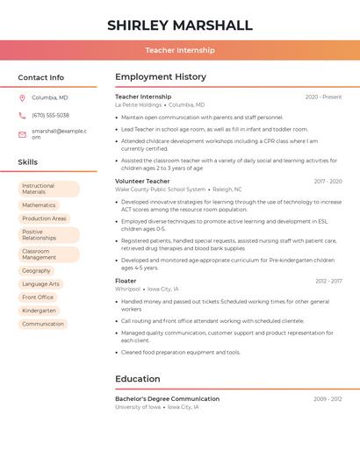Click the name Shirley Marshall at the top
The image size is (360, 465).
coord(179,25)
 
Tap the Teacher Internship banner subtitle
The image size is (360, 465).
coord(179,50)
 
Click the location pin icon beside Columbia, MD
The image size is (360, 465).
coord(22,97)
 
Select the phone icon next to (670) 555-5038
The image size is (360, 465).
coord(22,115)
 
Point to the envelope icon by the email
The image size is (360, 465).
coord(22,134)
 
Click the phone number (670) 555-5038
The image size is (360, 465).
coord(50,115)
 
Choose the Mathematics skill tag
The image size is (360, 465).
coord(39,205)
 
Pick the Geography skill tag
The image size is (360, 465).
coord(36,271)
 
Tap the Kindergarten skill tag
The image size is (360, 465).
coord(39,311)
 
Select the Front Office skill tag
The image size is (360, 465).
coord(38,297)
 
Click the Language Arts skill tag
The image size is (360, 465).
coord(40,284)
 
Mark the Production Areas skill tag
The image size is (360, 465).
coord(44,218)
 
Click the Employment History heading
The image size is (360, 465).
coord(161,77)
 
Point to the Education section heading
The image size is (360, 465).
coord(137,379)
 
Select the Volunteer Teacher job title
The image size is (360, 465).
coord(142,181)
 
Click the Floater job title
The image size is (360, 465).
coord(126,281)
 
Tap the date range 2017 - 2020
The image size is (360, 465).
coord(328,182)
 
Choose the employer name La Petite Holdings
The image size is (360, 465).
coord(139,104)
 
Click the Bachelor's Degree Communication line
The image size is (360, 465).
coord(167,399)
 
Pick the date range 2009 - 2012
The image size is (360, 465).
coord(328,399)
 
